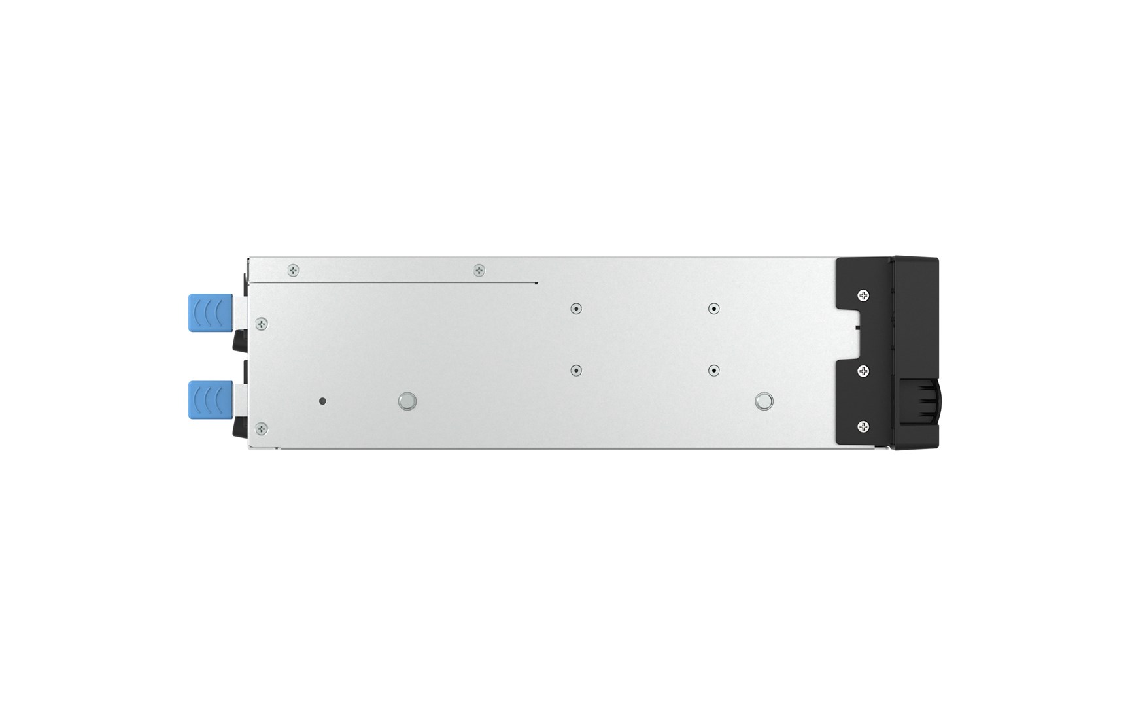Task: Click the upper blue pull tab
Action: click(210, 312)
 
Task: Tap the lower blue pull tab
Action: click(210, 400)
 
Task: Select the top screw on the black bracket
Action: click(863, 295)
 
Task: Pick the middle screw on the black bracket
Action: click(863, 371)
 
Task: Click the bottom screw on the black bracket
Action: click(863, 428)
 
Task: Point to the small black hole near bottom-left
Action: click(322, 401)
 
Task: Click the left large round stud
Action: click(407, 401)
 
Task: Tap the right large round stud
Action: click(763, 401)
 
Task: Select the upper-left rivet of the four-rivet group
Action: click(575, 309)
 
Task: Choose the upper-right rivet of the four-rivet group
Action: click(713, 309)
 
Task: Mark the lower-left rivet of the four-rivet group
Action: click(575, 370)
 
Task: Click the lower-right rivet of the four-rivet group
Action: click(713, 370)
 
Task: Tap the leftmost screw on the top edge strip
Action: click(294, 270)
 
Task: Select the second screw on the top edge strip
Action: click(479, 270)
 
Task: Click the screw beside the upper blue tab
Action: click(262, 323)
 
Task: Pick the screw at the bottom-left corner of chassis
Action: click(262, 429)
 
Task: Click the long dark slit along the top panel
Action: click(392, 283)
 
